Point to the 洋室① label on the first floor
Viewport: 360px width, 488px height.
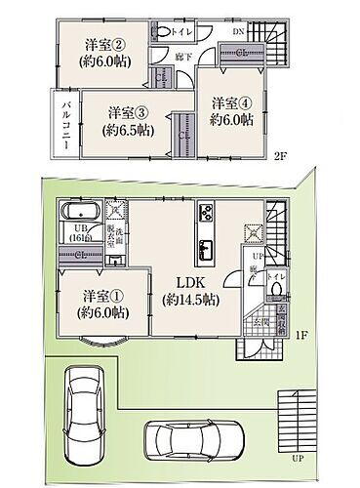point(100,296)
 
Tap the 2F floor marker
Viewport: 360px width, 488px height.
point(280,154)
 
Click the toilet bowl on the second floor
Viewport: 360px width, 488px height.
point(160,30)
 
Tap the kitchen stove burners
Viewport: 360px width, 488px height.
point(207,212)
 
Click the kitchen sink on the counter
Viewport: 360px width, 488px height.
point(207,245)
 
